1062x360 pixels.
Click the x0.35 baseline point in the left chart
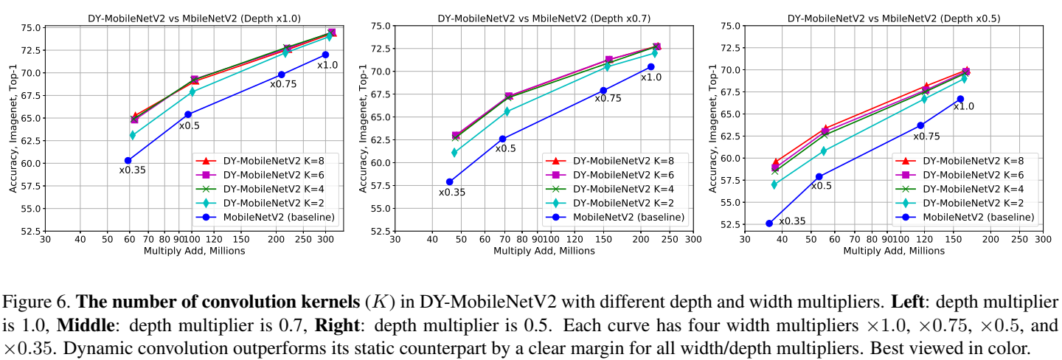coord(128,160)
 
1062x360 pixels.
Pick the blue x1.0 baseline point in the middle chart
coord(651,66)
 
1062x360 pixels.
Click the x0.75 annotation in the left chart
coord(282,84)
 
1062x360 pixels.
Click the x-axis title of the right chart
coord(893,251)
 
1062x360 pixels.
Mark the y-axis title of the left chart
coord(13,128)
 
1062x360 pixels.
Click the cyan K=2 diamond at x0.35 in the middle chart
coord(454,153)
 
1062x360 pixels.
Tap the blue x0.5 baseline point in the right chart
coord(819,176)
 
